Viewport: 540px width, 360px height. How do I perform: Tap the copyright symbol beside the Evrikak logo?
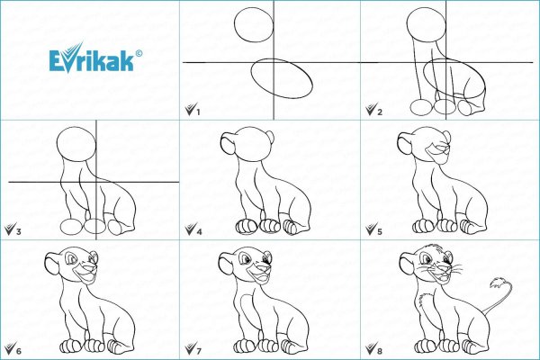coord(139,53)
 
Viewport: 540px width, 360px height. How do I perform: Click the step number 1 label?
coord(198,112)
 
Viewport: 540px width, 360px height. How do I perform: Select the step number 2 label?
coord(380,112)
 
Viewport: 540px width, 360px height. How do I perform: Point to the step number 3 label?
coord(18,231)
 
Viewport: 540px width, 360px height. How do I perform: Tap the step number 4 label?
coord(199,231)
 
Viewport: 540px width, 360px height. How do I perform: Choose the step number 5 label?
coord(380,231)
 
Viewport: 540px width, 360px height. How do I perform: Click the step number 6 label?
coord(18,351)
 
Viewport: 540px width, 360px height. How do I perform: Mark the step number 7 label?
coord(199,351)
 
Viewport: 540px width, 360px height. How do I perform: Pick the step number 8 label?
coord(380,351)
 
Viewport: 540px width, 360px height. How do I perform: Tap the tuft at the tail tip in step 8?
coord(498,283)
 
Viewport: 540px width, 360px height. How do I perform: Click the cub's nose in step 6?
coord(91,267)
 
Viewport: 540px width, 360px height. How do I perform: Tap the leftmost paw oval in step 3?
coord(72,226)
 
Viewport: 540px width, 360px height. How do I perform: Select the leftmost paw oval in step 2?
coord(421,107)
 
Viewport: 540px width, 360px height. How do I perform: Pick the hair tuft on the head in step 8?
coord(431,247)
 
